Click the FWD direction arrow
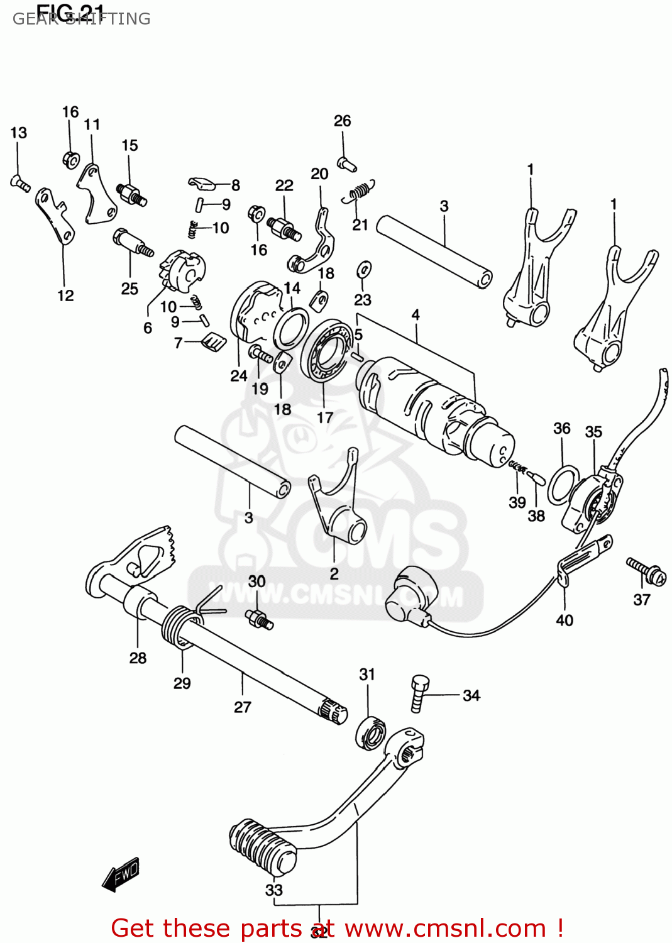point(121,874)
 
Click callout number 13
point(18,133)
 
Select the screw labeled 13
point(19,184)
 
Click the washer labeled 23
point(363,270)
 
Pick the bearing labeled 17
point(327,352)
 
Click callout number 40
point(565,620)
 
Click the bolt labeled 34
point(419,692)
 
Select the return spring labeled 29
point(178,627)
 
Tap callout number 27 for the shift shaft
point(243,707)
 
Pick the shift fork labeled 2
point(339,509)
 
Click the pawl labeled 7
point(213,343)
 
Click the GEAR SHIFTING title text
point(82,19)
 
